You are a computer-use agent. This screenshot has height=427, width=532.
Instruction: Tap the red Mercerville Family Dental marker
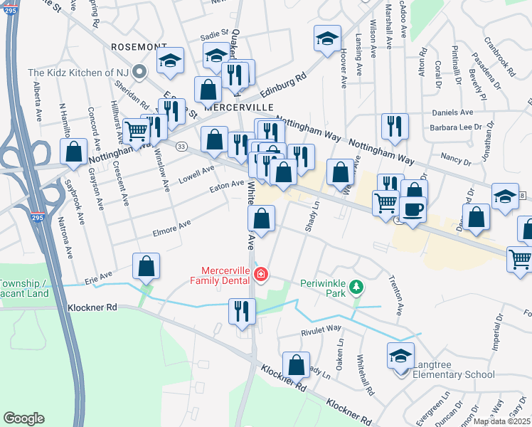click(x=261, y=274)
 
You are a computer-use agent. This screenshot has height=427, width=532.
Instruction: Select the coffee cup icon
click(x=413, y=209)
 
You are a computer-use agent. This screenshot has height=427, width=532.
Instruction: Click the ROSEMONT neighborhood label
click(x=139, y=46)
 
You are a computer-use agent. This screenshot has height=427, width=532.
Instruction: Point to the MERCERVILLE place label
click(x=239, y=106)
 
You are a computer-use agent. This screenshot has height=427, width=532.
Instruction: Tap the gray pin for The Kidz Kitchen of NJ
click(x=140, y=71)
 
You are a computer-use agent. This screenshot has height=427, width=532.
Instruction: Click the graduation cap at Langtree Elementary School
click(x=400, y=354)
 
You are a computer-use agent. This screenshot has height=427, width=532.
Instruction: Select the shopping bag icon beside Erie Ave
click(x=146, y=267)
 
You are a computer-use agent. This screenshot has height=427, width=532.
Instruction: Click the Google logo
click(x=23, y=418)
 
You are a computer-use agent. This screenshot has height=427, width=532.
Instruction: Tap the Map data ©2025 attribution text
click(x=501, y=421)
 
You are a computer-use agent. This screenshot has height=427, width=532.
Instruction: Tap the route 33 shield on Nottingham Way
click(x=182, y=147)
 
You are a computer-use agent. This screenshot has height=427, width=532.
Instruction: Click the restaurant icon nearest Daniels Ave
click(x=391, y=126)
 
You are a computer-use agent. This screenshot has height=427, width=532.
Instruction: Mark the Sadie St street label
click(x=213, y=33)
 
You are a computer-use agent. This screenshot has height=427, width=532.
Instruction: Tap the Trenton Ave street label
click(x=400, y=299)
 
